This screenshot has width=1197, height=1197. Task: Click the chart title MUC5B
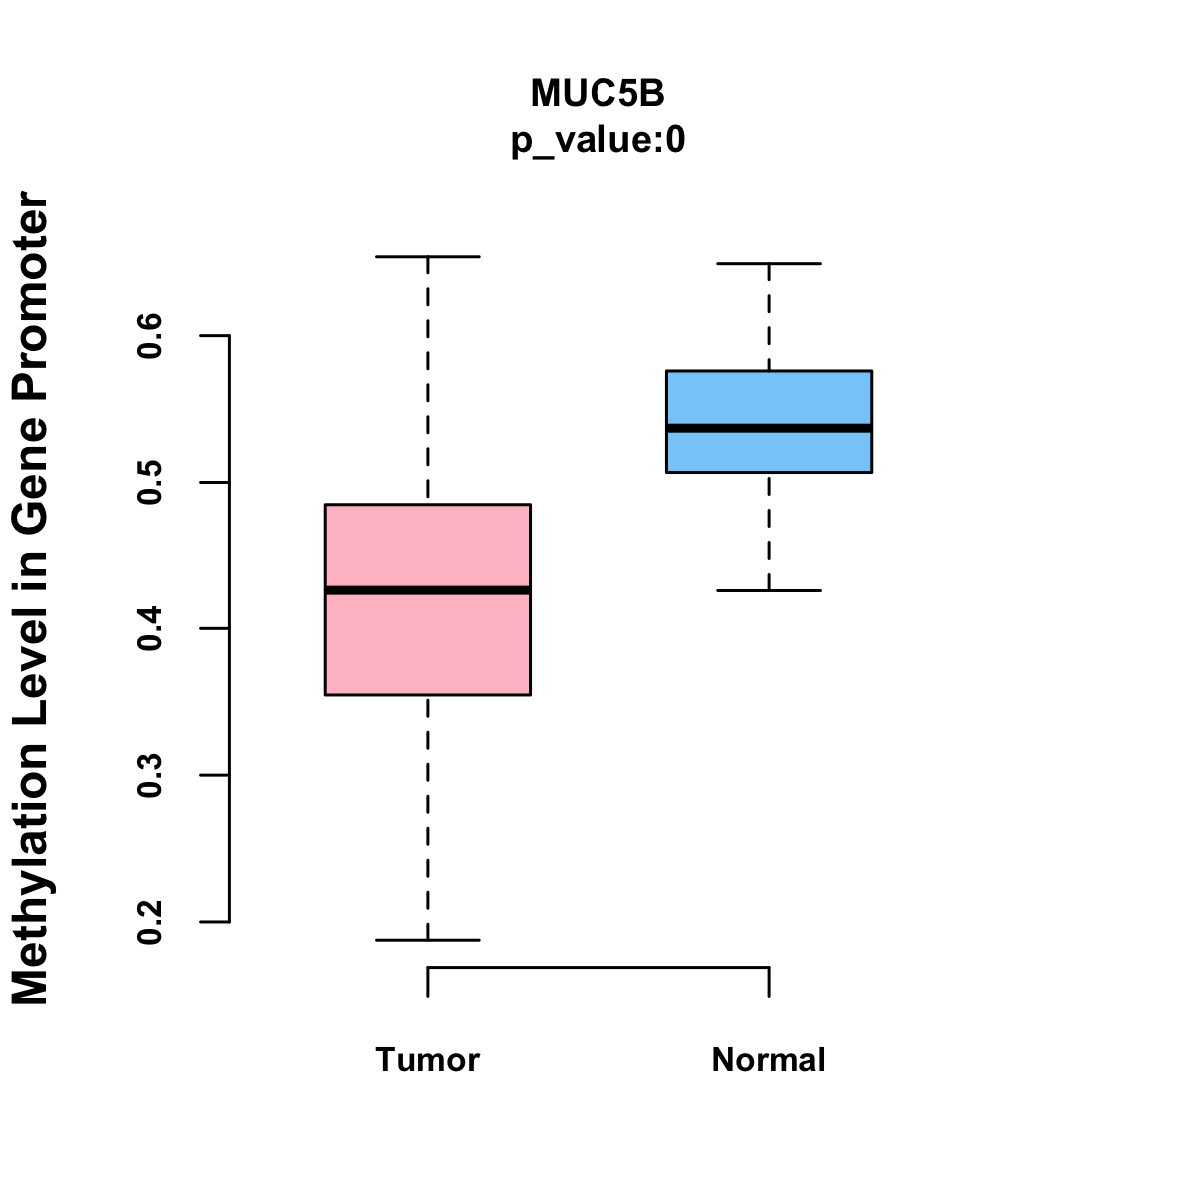pos(598,93)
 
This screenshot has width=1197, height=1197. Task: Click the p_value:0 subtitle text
pos(598,141)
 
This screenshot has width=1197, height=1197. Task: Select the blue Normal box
pos(769,399)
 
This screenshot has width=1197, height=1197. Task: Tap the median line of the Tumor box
pos(428,590)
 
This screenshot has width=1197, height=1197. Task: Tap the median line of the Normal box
pos(769,428)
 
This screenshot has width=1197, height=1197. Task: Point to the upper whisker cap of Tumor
pos(428,257)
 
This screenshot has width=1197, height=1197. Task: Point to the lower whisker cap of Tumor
pos(428,940)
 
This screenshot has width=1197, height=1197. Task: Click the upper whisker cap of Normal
pos(769,264)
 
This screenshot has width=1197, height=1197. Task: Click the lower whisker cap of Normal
pos(769,591)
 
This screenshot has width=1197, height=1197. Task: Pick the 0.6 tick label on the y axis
pos(151,336)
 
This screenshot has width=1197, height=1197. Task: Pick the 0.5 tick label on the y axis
pos(151,483)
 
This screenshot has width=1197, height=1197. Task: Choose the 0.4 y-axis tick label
pos(151,629)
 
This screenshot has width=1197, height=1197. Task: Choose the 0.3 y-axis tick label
pos(151,776)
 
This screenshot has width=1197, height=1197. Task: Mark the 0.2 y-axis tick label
pos(151,922)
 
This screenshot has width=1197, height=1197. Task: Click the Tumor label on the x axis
pos(428,1060)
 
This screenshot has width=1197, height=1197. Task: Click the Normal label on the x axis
pos(769,1060)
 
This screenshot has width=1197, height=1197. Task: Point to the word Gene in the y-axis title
pos(31,476)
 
